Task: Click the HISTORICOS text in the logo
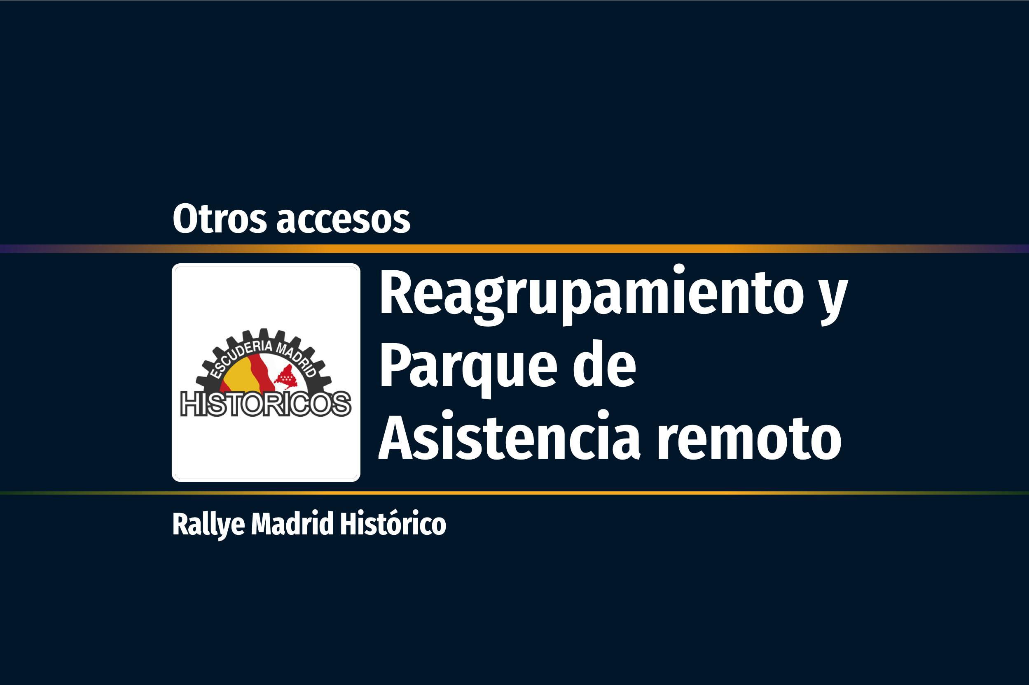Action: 266,404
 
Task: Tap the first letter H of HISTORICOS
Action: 191,404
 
